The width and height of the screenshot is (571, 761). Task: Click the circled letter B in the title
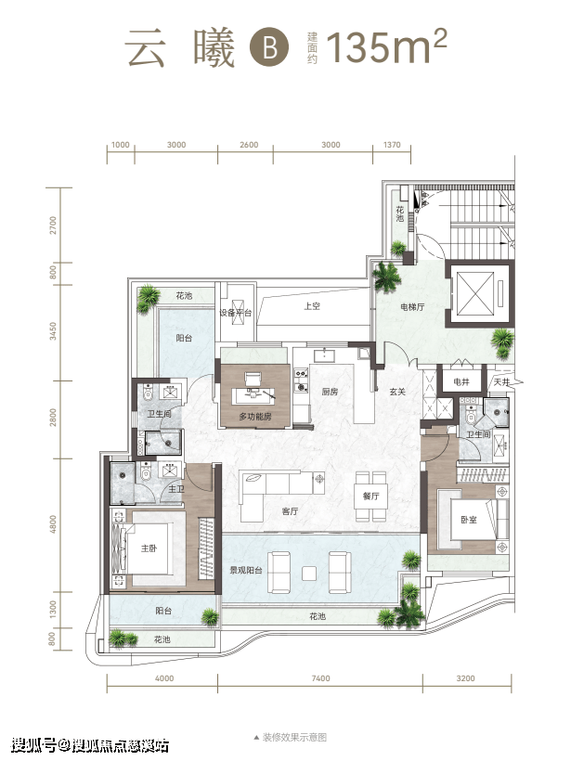(269, 47)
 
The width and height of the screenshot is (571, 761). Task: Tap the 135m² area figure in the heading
(386, 46)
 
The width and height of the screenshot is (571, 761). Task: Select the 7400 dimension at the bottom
(320, 678)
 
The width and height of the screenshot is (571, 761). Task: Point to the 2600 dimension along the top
(249, 145)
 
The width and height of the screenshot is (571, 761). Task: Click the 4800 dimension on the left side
(53, 524)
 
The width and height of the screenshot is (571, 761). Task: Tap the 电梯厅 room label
(412, 307)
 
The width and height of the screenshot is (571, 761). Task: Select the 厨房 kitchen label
(330, 392)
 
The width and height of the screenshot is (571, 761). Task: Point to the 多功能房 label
(255, 417)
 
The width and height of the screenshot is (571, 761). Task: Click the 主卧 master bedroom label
(149, 548)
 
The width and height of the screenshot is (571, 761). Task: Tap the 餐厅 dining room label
(370, 496)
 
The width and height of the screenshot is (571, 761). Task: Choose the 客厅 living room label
(290, 511)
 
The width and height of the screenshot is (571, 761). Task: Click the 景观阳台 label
(246, 570)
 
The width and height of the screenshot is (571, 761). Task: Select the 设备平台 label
(236, 313)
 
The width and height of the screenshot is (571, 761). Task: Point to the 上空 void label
(312, 306)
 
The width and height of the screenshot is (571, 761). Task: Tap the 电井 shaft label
(461, 382)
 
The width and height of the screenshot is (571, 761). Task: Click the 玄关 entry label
(397, 392)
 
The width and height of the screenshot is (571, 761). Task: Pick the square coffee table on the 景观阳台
(309, 574)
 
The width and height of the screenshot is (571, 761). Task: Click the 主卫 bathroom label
(175, 489)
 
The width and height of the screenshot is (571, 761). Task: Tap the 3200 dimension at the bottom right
(465, 678)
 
